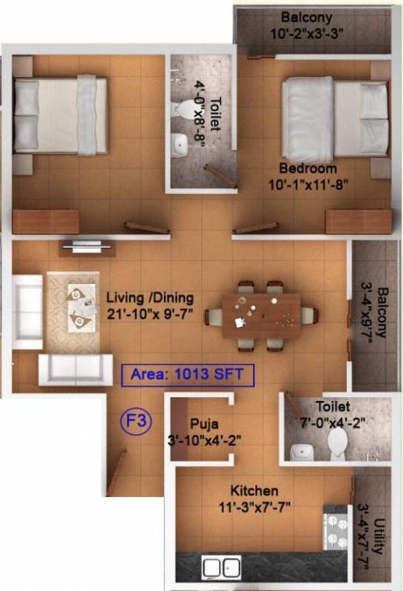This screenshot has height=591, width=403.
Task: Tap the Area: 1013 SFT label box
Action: coord(188,376)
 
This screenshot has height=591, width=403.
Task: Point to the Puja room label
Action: coord(204,423)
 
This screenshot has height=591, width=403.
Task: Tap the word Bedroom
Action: coord(308,168)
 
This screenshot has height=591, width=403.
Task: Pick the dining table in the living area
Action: coord(261,314)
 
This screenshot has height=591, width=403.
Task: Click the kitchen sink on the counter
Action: coord(221,568)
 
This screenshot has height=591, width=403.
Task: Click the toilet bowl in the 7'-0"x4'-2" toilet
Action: coord(338,442)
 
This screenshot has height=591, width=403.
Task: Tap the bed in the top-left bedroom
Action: coord(59,115)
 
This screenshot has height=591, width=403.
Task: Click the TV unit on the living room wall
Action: coord(88,247)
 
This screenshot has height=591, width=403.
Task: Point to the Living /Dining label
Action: coord(150,297)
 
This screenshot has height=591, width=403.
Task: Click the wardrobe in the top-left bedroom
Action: coord(46,221)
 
